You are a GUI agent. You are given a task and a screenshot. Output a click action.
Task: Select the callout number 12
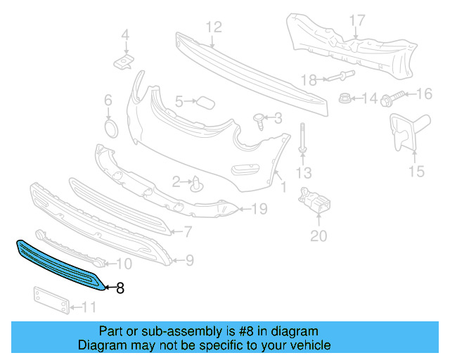(214, 27)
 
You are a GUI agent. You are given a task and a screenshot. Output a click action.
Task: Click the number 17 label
(357, 20)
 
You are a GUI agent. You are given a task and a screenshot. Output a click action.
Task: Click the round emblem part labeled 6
(110, 129)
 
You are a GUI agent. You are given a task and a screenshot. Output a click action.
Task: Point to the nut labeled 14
(345, 98)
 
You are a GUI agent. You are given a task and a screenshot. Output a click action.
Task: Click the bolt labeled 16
(395, 94)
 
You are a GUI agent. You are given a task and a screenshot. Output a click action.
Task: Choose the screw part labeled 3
(260, 122)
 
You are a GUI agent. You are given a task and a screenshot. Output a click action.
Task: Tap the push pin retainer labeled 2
(198, 184)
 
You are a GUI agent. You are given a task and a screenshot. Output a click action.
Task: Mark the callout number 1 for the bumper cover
(283, 188)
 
